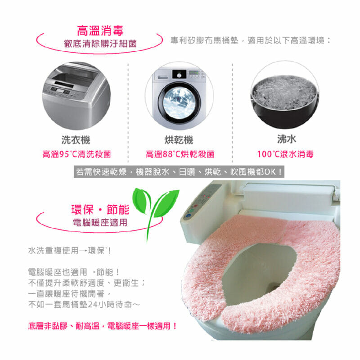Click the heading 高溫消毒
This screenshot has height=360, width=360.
100,31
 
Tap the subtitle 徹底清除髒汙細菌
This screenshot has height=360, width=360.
100,43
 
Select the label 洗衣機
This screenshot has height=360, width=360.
76,140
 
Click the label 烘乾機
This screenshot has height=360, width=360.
179,140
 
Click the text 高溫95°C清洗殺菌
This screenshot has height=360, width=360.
76,154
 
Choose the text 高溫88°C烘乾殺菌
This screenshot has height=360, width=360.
180,154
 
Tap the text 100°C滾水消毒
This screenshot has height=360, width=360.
285,154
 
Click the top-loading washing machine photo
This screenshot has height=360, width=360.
76,95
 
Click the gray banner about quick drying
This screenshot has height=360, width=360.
179,171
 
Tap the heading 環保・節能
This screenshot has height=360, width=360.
100,209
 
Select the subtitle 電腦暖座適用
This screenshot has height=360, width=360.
100,222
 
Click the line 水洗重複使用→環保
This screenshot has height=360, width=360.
69,250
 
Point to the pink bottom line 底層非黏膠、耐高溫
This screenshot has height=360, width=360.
103,326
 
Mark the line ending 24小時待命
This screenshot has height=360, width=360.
84,305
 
